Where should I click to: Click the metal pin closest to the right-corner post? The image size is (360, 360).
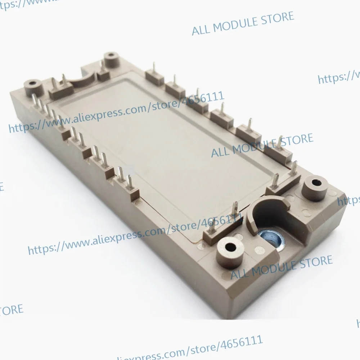295,169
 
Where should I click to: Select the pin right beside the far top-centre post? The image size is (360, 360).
103,66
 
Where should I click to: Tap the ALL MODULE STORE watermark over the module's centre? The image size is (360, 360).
262,146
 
